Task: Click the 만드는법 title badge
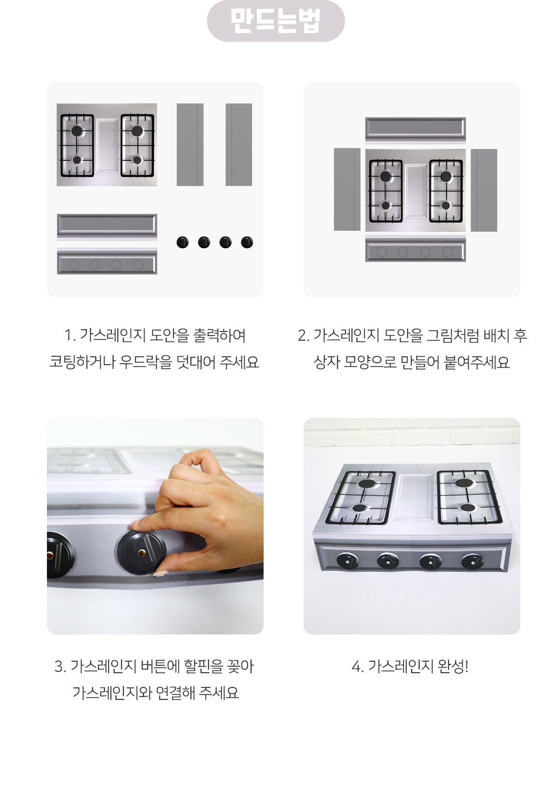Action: pyautogui.click(x=276, y=21)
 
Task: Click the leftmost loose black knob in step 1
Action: pyautogui.click(x=183, y=242)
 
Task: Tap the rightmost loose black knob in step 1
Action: pyautogui.click(x=247, y=242)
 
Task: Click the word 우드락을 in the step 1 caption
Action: pyautogui.click(x=145, y=362)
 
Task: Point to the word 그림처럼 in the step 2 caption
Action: pyautogui.click(x=453, y=336)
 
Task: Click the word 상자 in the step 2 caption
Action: pyautogui.click(x=327, y=362)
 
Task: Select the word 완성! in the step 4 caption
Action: pyautogui.click(x=453, y=666)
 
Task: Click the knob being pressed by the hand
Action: pyautogui.click(x=141, y=552)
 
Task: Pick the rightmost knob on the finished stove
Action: pyautogui.click(x=472, y=561)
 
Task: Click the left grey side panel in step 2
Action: pyautogui.click(x=347, y=189)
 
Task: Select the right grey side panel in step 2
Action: pyautogui.click(x=484, y=190)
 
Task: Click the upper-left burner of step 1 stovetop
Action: pyautogui.click(x=77, y=131)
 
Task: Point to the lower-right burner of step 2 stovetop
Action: pyautogui.click(x=446, y=205)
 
